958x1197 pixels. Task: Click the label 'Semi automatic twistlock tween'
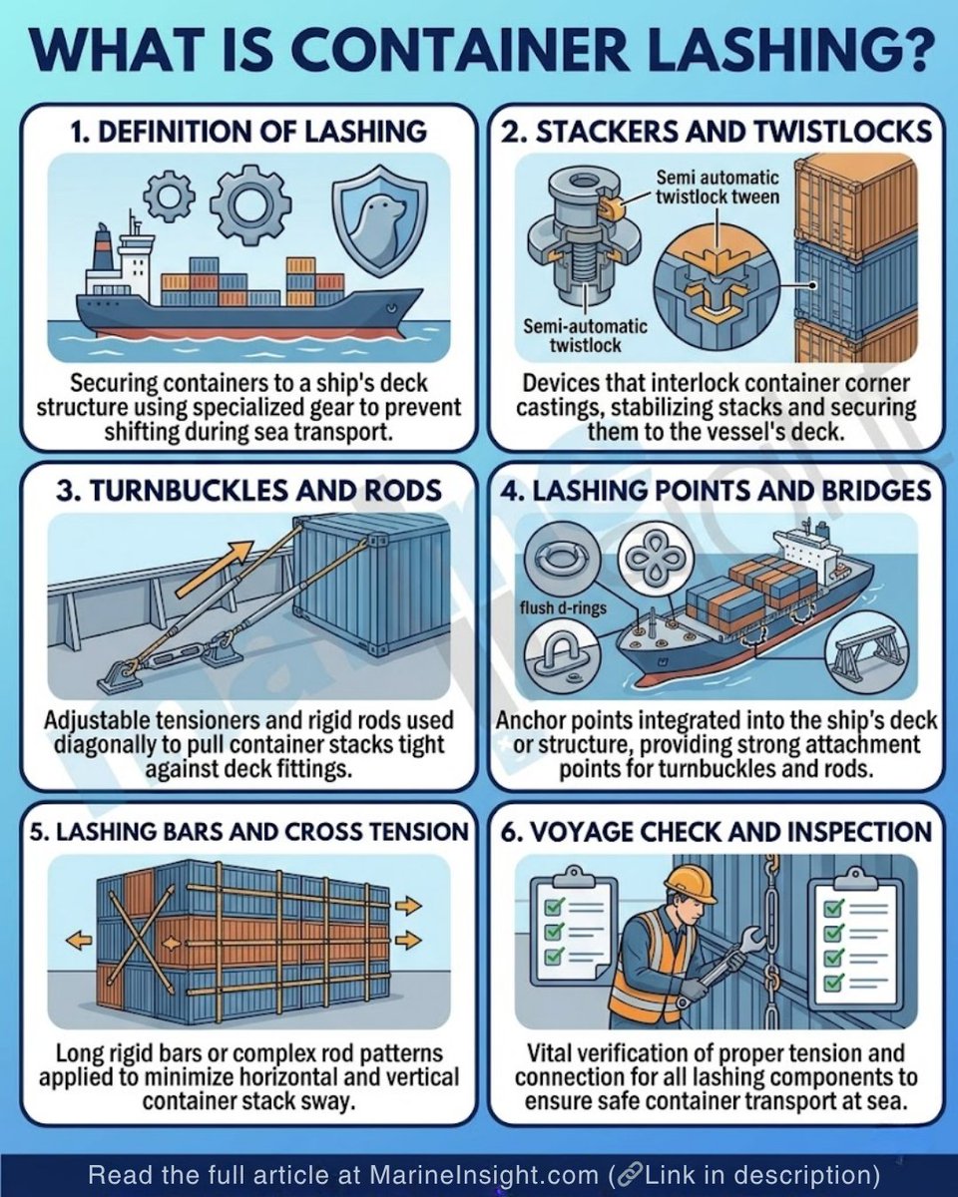click(717, 188)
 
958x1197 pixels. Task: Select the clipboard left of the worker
click(569, 928)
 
